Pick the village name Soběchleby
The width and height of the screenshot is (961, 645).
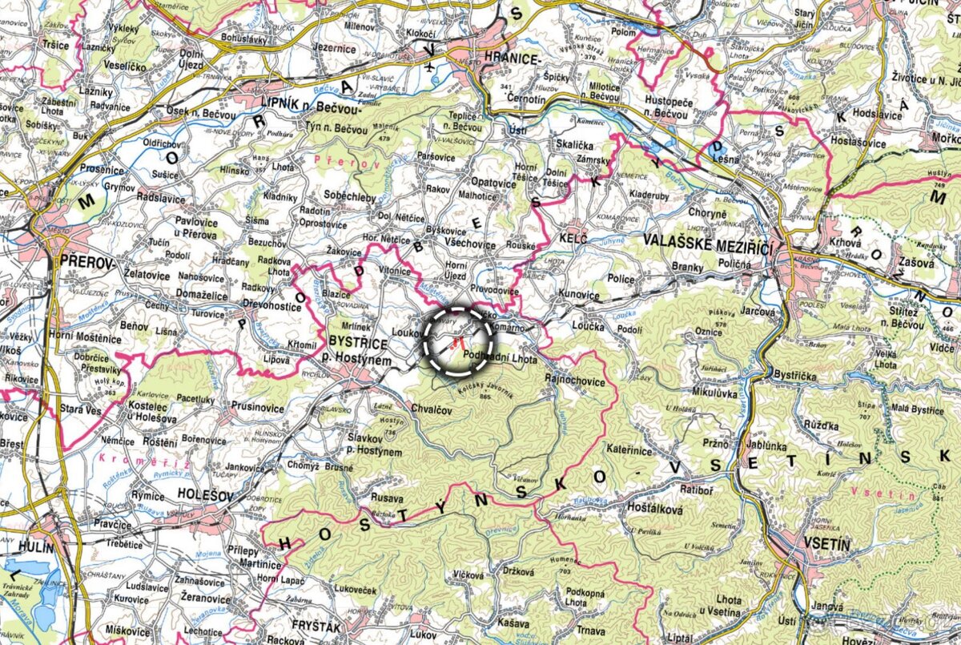(x=350, y=196)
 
